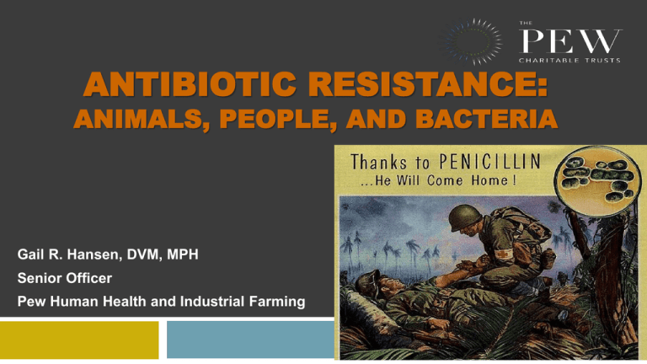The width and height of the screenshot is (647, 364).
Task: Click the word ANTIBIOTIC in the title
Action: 190,84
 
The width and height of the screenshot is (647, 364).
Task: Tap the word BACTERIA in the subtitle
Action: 486,119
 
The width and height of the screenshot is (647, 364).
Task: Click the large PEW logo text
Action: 570,40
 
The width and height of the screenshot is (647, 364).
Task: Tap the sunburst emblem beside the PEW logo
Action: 471,41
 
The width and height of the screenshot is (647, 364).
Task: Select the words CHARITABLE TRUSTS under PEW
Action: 569,61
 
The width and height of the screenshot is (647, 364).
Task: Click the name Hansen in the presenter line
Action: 94,254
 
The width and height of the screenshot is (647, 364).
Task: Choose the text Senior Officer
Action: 65,278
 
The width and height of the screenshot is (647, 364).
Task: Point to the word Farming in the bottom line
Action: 277,302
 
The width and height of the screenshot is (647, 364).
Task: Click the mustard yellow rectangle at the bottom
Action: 79,340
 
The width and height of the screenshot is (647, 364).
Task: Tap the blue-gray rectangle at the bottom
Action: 250,340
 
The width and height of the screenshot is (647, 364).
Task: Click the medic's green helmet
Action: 465,215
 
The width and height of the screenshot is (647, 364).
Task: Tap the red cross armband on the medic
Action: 502,254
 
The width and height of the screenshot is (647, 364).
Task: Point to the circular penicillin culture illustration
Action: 598,182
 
